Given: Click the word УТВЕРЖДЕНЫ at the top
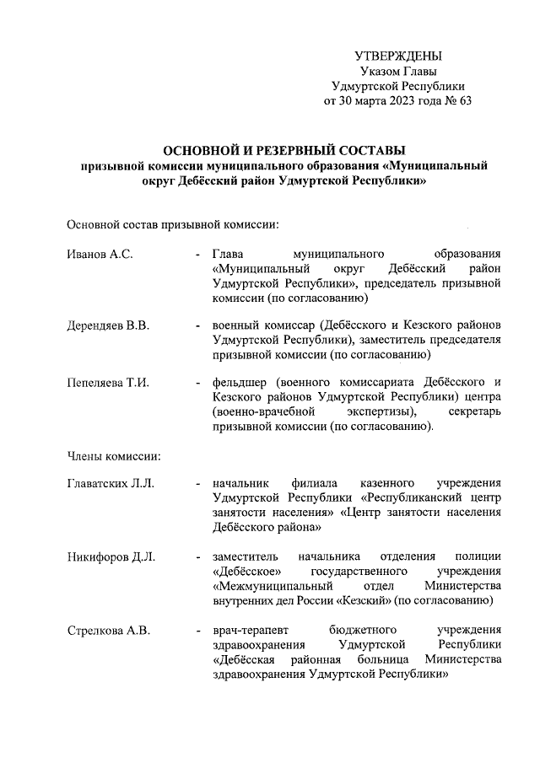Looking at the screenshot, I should point(398,56).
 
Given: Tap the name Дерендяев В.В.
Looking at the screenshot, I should point(108,326).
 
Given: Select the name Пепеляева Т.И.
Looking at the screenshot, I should point(108,384).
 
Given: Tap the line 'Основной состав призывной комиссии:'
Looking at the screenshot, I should point(173,225).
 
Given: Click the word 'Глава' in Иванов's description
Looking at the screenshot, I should point(229,253).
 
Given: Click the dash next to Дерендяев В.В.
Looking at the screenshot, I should point(197,326).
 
